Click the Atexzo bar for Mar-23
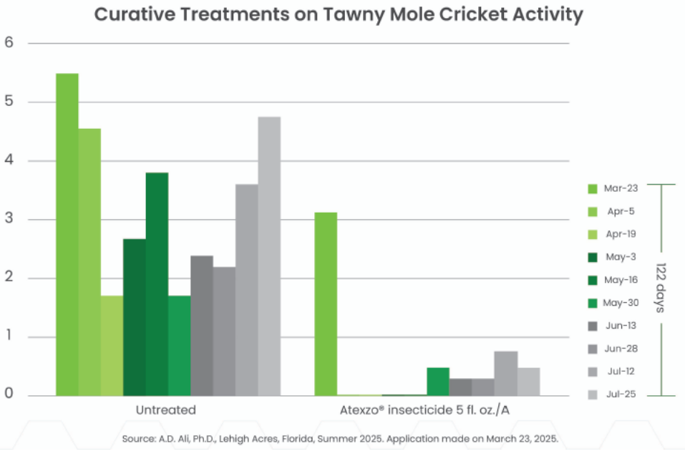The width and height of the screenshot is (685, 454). click(x=326, y=304)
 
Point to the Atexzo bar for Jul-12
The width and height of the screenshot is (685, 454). click(x=505, y=373)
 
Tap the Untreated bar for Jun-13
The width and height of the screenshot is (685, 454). click(x=202, y=325)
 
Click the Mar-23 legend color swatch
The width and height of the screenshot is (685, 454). click(x=592, y=189)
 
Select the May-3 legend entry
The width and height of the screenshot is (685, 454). click(x=620, y=257)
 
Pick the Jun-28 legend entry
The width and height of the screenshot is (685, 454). click(x=620, y=349)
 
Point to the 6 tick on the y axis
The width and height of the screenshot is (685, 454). click(x=9, y=42)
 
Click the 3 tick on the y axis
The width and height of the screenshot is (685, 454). click(x=9, y=219)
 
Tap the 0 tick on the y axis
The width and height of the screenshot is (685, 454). click(x=9, y=394)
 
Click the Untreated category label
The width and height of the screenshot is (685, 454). click(x=166, y=410)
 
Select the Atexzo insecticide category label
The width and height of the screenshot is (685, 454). click(x=426, y=410)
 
